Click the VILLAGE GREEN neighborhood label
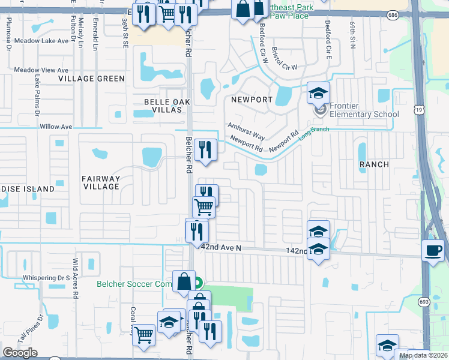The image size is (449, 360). tap(91, 79)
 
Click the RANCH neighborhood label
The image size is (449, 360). tap(373, 164)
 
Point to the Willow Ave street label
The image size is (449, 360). tap(55, 127)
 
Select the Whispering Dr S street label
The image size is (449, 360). tap(46, 278)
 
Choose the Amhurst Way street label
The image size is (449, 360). tap(246, 131)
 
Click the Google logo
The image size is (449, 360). tap(20, 353)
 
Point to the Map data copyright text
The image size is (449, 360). tap(424, 355)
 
